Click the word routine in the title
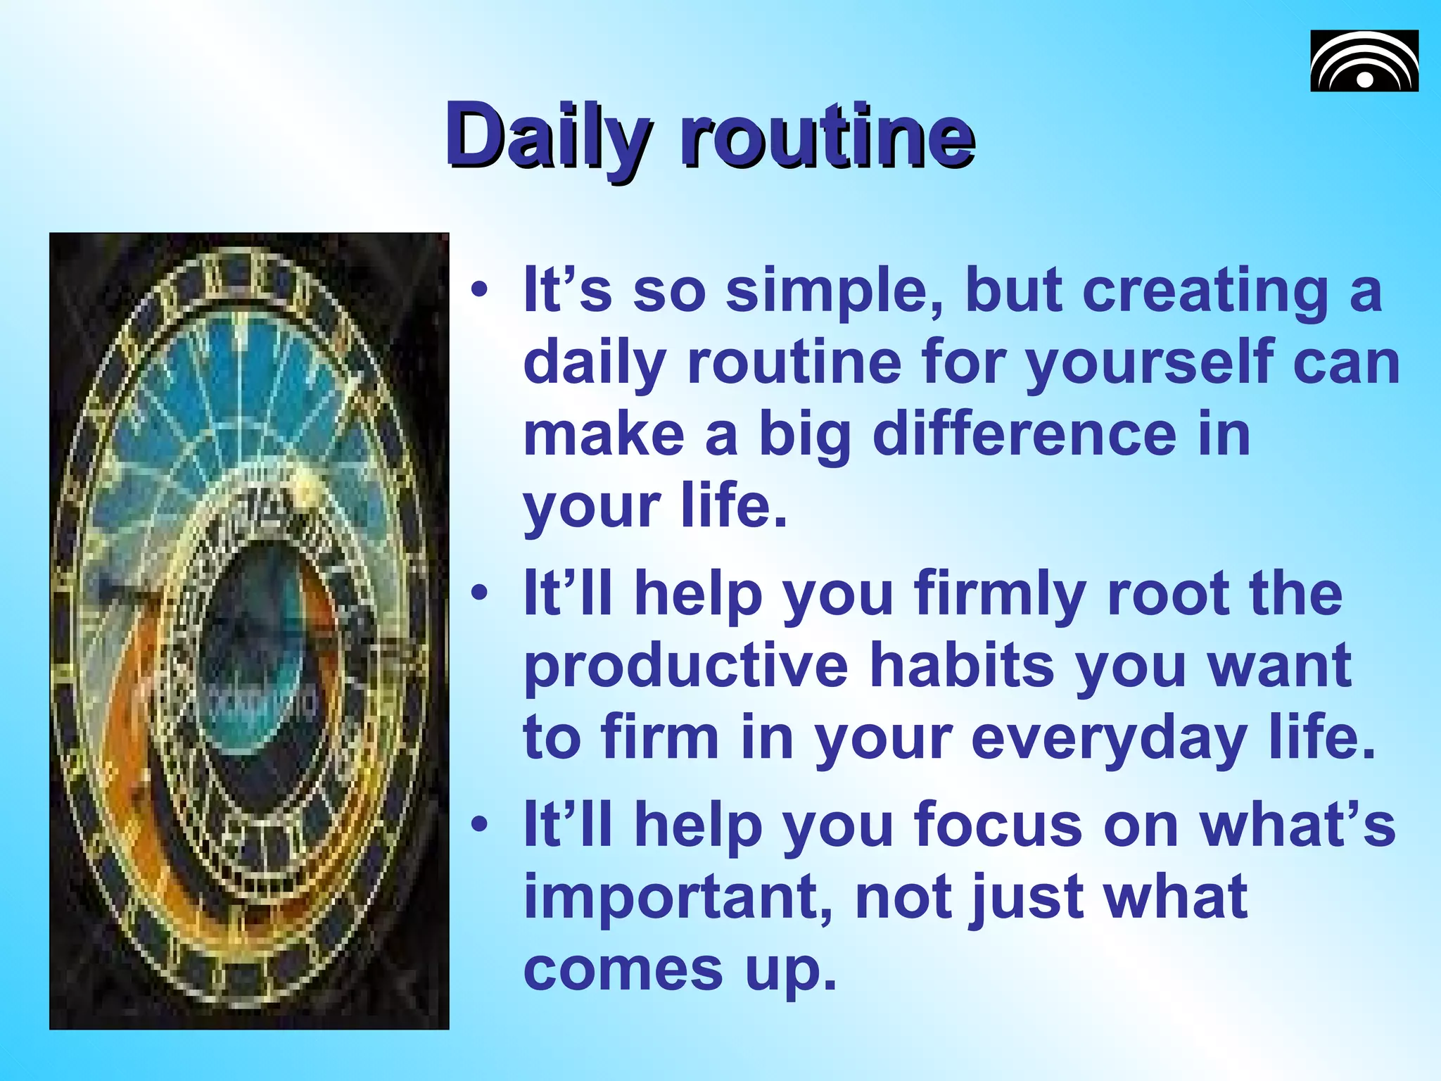[827, 135]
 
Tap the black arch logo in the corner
[1364, 61]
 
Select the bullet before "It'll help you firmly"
[480, 594]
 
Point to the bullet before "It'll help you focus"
[480, 825]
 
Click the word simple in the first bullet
[834, 291]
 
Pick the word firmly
[1000, 594]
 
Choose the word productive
[686, 666]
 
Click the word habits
[962, 666]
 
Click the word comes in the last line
[623, 970]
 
